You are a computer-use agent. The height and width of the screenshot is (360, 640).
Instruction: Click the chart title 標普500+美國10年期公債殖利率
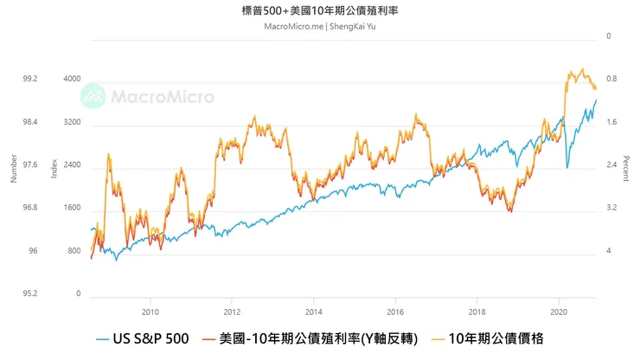(319, 10)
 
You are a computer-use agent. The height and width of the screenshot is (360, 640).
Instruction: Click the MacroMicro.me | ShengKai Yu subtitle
(319, 26)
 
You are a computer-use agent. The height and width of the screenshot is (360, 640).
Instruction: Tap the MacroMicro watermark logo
(147, 95)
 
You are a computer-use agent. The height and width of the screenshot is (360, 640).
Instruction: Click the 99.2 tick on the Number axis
(30, 79)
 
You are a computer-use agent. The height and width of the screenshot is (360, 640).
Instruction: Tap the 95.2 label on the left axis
(30, 293)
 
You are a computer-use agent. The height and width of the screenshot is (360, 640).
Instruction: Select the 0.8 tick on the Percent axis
(611, 80)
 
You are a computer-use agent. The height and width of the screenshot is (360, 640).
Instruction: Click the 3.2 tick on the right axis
(611, 208)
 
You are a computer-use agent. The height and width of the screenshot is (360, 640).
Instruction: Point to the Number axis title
(13, 169)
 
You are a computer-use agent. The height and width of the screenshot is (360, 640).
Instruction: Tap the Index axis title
(54, 169)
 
